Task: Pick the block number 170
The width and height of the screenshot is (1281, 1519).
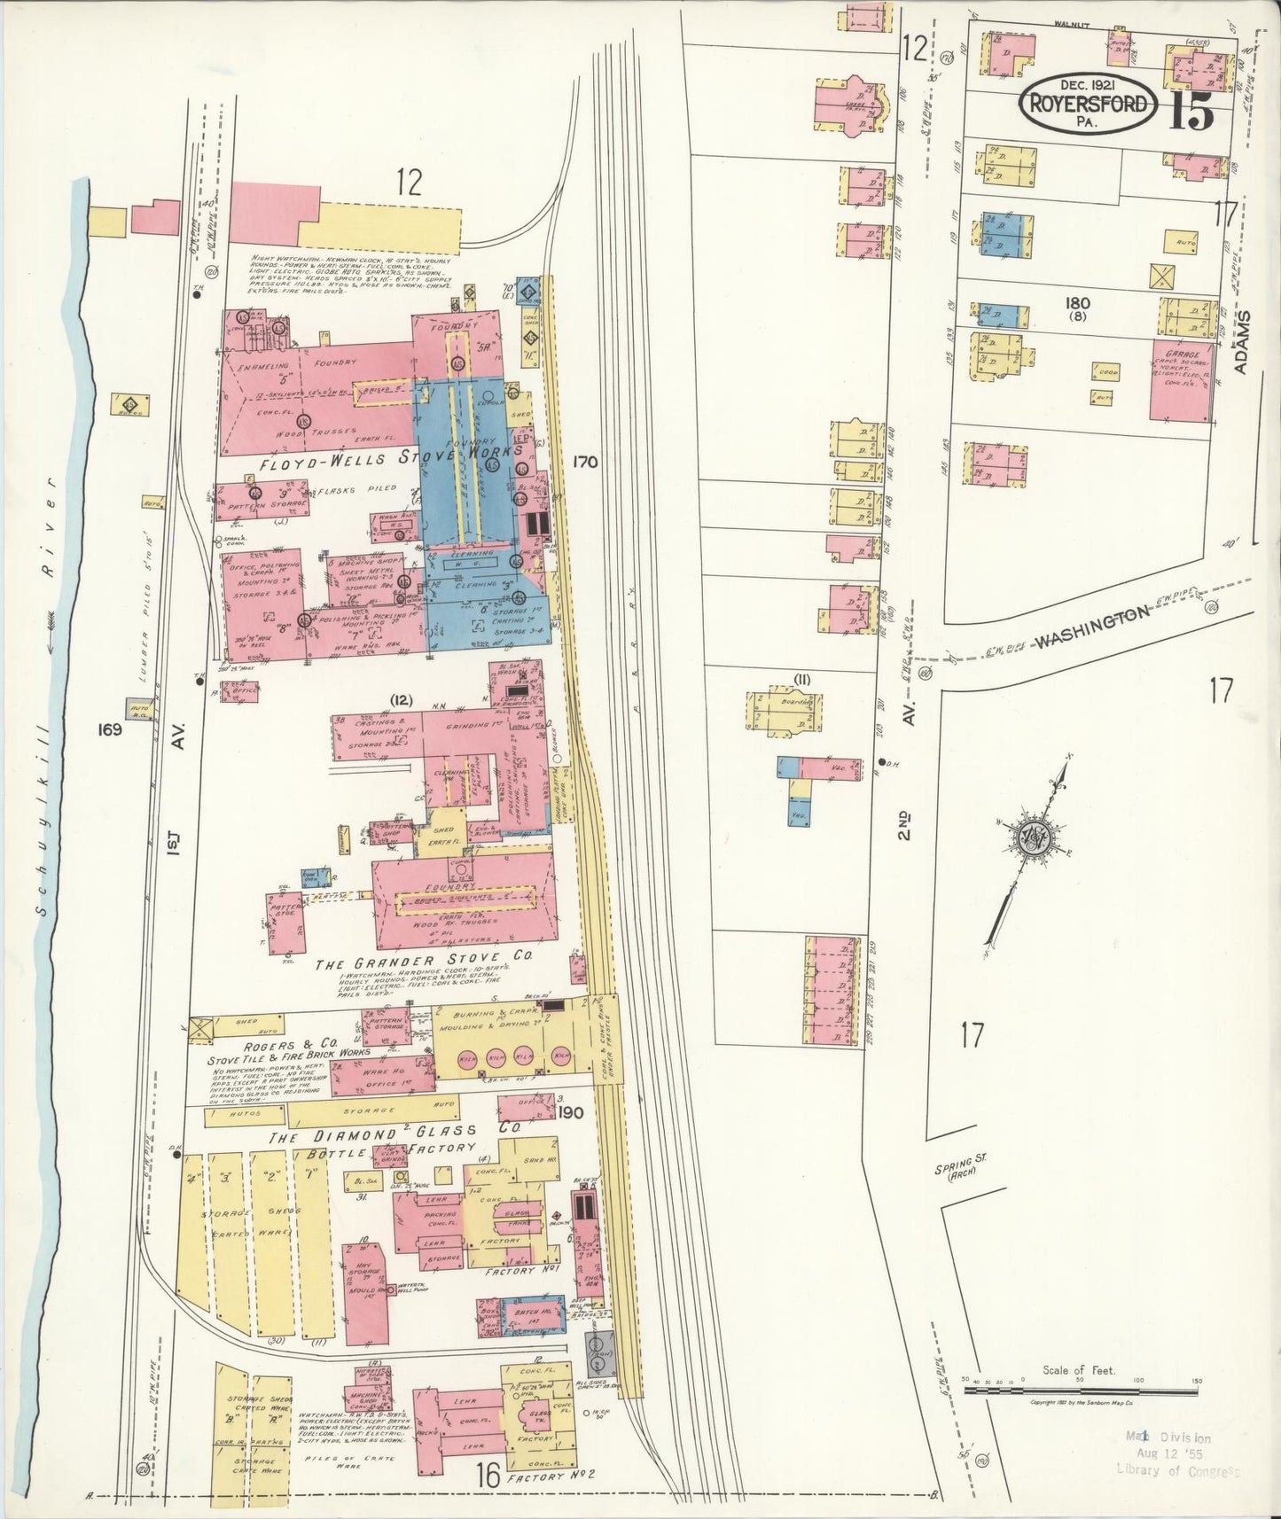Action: tap(585, 462)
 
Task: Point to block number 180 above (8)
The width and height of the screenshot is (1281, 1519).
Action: tap(1078, 303)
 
